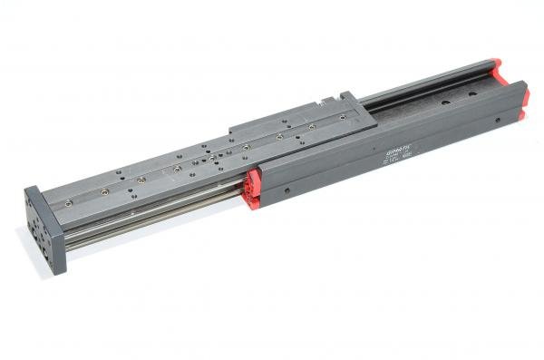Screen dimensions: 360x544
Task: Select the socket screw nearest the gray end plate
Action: [x=107, y=192]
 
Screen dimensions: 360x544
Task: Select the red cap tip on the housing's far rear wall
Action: [x=495, y=64]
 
